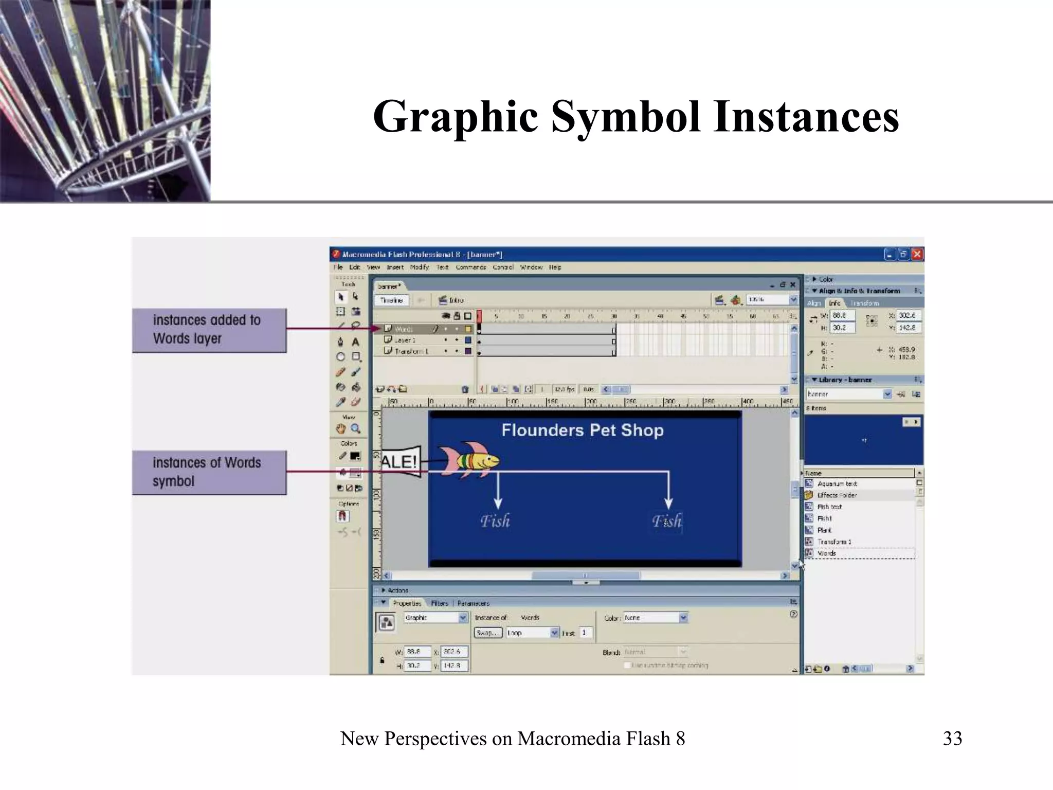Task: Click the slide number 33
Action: coord(952,739)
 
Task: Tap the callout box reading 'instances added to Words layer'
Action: coord(209,330)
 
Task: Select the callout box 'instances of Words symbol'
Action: coord(209,472)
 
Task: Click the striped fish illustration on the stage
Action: coord(469,459)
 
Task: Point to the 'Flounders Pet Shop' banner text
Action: coord(582,430)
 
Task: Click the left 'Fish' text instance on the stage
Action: coord(495,521)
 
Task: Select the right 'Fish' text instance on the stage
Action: coord(666,521)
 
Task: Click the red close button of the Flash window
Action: coord(917,254)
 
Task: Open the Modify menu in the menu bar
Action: coord(420,267)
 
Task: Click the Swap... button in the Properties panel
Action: coord(487,633)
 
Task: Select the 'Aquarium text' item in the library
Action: coord(837,483)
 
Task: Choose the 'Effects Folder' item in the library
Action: coord(837,495)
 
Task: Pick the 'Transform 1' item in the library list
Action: coord(834,542)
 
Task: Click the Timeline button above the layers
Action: coord(392,300)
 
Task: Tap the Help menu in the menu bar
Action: coord(555,267)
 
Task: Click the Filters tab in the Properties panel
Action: coord(440,603)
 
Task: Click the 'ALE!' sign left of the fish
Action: coord(400,461)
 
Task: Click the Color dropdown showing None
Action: coord(656,618)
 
